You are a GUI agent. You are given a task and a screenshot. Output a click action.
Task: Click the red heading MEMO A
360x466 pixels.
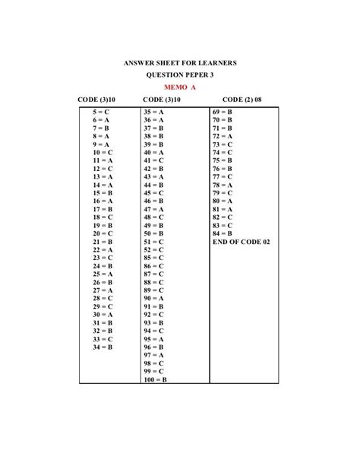coord(180,87)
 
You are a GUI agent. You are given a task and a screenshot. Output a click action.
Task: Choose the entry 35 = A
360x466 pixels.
coord(154,112)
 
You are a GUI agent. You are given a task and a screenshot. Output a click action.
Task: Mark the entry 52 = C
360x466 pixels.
coord(154,249)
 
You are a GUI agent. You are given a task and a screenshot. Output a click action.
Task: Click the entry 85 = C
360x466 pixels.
coord(154,258)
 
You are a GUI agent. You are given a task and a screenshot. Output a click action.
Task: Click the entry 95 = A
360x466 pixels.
coord(154,339)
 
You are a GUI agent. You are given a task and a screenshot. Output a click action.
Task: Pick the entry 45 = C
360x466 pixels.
coord(154,193)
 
